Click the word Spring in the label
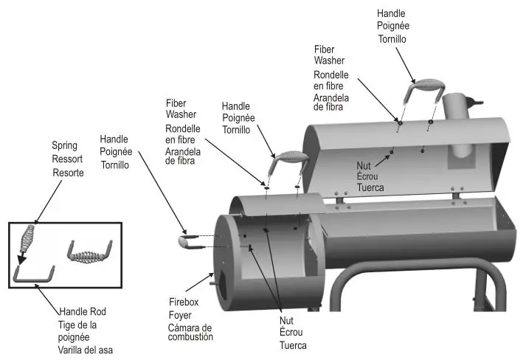click(64, 145)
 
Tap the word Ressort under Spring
click(67, 159)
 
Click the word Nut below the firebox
click(287, 321)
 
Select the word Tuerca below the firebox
click(293, 345)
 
